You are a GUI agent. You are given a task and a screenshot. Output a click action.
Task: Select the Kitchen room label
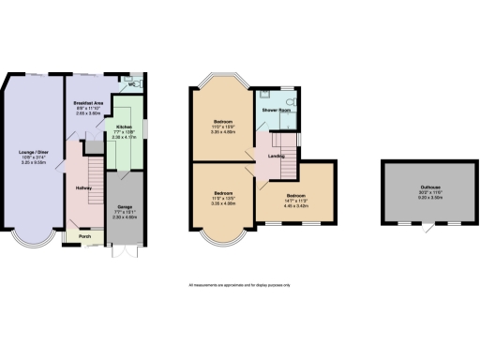tap(124, 126)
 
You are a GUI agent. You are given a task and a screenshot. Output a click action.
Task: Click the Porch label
tap(84, 236)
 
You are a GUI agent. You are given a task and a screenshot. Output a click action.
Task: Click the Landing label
tap(277, 156)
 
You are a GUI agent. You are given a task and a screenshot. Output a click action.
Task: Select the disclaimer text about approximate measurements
tap(241, 284)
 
